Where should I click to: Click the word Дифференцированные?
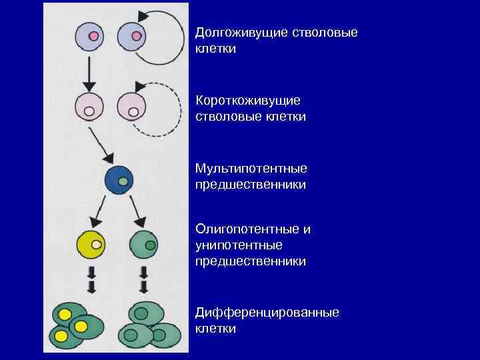coord(267,313)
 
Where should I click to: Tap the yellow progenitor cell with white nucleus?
coord(92,245)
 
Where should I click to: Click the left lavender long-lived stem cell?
coord(91,36)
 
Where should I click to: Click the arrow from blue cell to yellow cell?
coord(100,212)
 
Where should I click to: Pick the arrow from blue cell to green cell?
coord(138,212)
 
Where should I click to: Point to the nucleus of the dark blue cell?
coord(123,181)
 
